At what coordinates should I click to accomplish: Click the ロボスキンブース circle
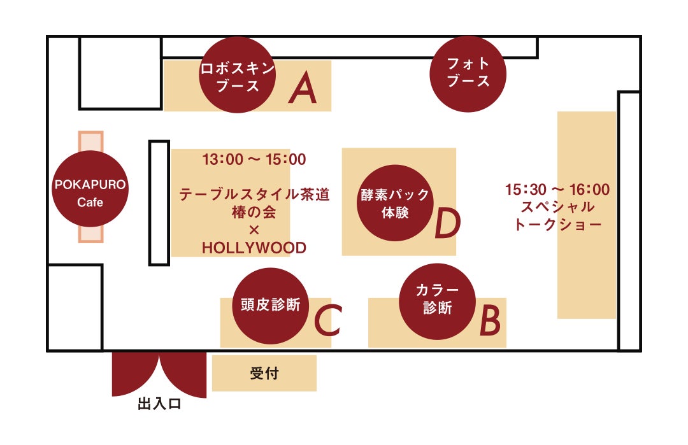[x=238, y=75]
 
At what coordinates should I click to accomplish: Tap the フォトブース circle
[x=468, y=74]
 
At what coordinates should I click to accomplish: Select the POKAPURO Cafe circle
[x=90, y=189]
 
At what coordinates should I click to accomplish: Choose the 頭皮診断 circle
[x=271, y=306]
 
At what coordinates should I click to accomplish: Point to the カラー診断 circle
[x=437, y=302]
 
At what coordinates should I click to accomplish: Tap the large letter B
[x=489, y=321]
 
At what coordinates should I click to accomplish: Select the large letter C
[x=328, y=321]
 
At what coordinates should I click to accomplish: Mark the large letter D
[x=447, y=224]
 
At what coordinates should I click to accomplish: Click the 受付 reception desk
[x=264, y=374]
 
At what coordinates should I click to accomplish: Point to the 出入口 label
[x=159, y=404]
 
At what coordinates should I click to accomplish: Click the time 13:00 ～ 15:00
[x=254, y=159]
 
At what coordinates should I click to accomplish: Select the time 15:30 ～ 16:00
[x=557, y=190]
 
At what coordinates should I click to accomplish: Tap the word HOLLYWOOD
[x=254, y=248]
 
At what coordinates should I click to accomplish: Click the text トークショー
[x=557, y=225]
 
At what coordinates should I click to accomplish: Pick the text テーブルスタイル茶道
[x=254, y=195]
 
